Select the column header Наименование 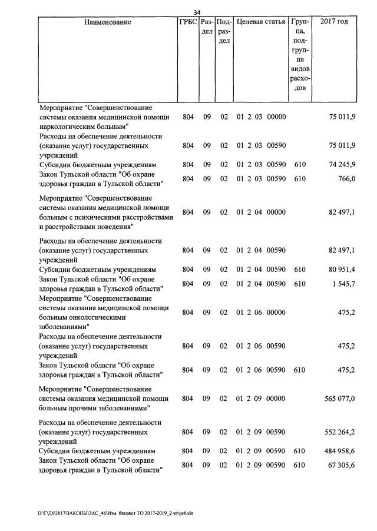point(108,22)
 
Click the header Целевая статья point(261,22)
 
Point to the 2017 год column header point(333,22)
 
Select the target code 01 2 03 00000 point(261,117)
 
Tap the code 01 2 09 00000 point(261,399)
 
